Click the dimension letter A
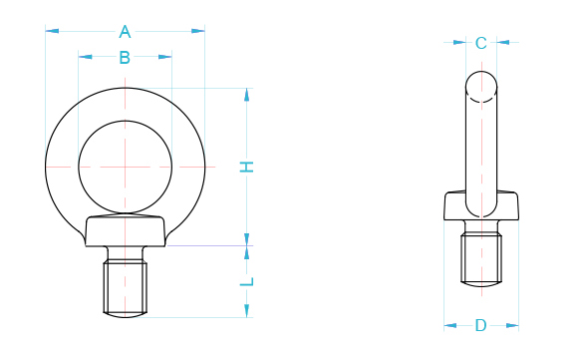click(x=125, y=31)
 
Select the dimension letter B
click(x=125, y=58)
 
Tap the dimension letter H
click(x=247, y=167)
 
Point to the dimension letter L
click(x=247, y=282)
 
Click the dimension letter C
click(x=480, y=43)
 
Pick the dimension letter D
click(x=480, y=325)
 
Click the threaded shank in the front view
click(x=126, y=287)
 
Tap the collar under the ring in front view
click(x=126, y=231)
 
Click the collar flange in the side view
click(x=481, y=208)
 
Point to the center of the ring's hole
click(x=125, y=166)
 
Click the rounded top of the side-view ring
click(x=481, y=82)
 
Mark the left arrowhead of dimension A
click(x=51, y=31)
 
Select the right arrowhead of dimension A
click(x=199, y=31)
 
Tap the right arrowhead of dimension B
click(x=166, y=58)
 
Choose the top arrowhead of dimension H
click(x=247, y=93)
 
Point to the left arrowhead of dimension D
click(x=448, y=325)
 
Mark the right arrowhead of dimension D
click(x=513, y=325)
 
